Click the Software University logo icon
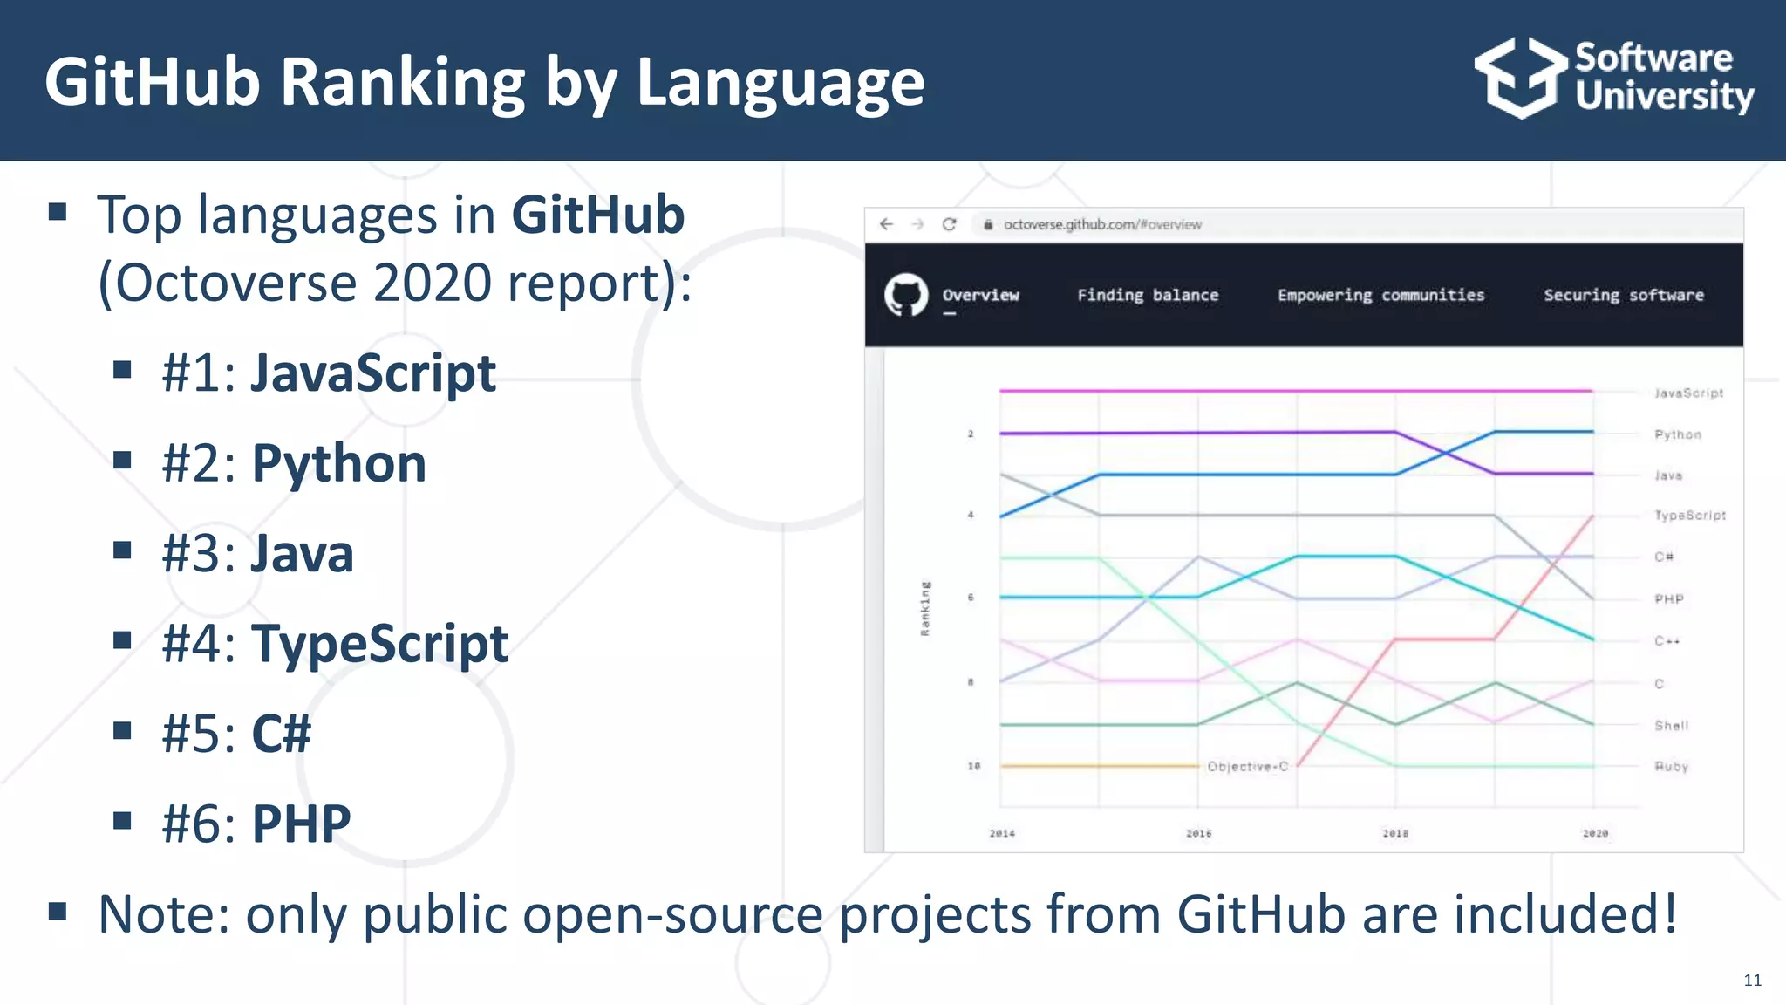click(1521, 79)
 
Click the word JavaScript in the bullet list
click(373, 373)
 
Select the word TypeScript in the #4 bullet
click(379, 644)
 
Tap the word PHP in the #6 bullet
click(301, 824)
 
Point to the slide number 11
click(1752, 981)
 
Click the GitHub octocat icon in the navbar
click(906, 295)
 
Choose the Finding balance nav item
click(1148, 295)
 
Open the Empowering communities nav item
click(1380, 295)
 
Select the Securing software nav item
click(1623, 295)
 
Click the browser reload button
click(949, 224)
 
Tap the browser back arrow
click(887, 224)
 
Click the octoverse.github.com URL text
click(1102, 224)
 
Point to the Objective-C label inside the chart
click(1247, 766)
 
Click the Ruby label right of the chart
click(1672, 767)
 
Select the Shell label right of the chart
click(1672, 726)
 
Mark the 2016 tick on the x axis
click(1198, 833)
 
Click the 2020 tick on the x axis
click(1595, 833)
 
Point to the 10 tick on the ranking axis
click(973, 766)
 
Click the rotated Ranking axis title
click(925, 608)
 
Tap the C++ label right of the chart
click(1667, 641)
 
